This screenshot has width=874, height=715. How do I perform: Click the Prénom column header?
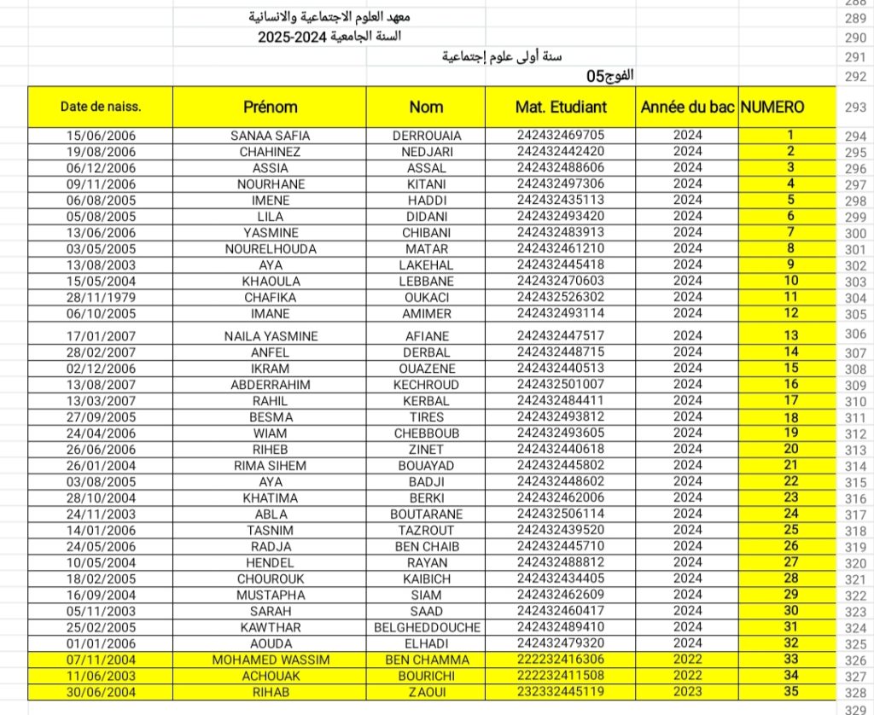click(270, 107)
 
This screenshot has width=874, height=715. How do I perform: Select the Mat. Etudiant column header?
click(561, 107)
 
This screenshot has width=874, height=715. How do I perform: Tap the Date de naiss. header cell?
click(101, 107)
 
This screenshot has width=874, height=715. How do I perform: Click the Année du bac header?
click(687, 107)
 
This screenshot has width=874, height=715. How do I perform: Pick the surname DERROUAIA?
click(426, 136)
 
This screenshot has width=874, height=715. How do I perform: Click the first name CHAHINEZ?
click(271, 152)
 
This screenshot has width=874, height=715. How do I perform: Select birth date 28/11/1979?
click(101, 297)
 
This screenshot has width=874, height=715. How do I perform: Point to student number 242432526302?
click(561, 297)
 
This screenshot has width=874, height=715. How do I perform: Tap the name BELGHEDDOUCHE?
click(426, 627)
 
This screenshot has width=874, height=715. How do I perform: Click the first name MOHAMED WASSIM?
click(271, 660)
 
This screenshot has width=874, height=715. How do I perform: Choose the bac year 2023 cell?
click(687, 691)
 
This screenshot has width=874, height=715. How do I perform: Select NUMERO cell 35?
click(790, 691)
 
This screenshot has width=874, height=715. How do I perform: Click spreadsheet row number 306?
click(854, 334)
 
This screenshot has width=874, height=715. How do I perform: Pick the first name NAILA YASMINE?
click(271, 336)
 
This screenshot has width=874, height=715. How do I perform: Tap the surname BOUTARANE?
click(426, 514)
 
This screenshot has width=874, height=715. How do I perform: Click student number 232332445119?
click(561, 691)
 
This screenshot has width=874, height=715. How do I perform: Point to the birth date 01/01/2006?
click(101, 643)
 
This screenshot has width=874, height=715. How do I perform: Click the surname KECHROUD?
click(426, 385)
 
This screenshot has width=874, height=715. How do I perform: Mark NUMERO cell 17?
click(790, 400)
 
